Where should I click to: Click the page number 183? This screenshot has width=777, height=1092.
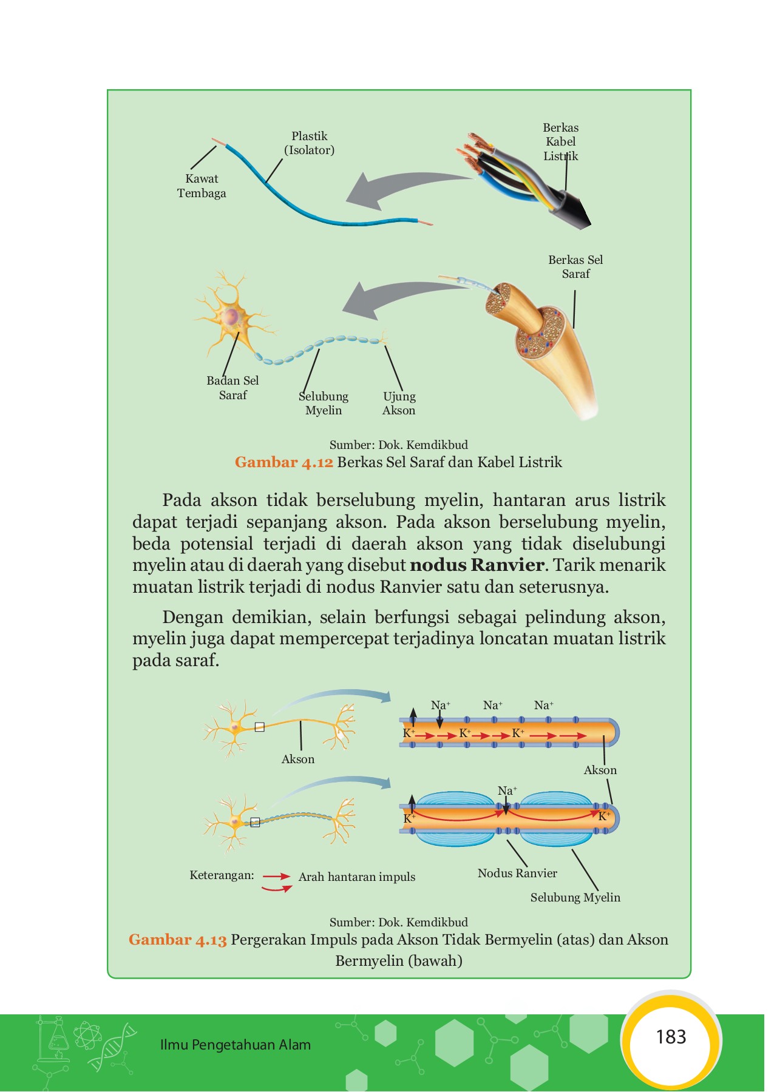point(671,1037)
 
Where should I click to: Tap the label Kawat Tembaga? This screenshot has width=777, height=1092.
point(202,186)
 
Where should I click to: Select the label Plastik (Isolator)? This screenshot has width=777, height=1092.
point(310,143)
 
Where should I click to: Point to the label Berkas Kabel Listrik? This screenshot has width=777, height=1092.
point(560,141)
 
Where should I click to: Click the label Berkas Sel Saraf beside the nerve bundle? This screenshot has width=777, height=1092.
point(575,266)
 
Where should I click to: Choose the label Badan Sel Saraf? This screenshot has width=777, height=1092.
point(232,388)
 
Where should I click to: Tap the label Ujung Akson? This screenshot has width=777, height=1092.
point(399,403)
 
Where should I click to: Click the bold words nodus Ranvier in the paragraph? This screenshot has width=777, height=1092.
point(477,565)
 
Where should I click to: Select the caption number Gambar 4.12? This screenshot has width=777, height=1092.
point(284,462)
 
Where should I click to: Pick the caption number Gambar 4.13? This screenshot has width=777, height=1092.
point(178,940)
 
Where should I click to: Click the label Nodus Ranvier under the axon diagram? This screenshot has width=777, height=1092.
point(517,873)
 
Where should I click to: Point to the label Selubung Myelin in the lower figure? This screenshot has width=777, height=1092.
point(575,897)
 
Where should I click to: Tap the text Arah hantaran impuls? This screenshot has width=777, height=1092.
point(357,877)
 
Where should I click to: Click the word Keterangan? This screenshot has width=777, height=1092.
point(222,875)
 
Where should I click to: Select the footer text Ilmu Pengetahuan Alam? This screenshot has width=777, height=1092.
point(236,1045)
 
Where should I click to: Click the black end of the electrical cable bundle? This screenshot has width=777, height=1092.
point(575,209)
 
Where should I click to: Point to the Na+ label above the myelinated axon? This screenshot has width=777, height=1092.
point(507,790)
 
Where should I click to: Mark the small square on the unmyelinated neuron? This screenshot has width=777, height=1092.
point(259,727)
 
